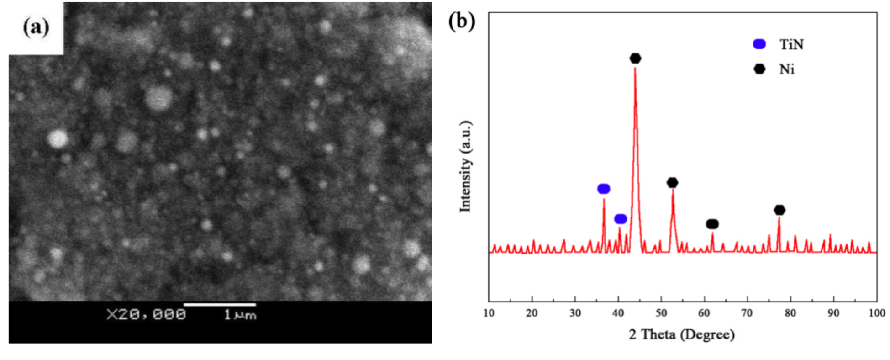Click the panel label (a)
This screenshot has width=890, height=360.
36,27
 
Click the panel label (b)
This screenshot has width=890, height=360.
461,21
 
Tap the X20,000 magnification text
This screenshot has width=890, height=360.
146,315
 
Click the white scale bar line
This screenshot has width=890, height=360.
220,304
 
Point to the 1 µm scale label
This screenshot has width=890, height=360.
240,315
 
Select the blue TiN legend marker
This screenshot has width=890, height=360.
759,44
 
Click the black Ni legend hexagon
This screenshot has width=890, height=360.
759,69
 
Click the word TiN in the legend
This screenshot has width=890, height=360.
791,45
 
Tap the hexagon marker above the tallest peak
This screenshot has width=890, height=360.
635,58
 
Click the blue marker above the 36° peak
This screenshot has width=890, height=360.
604,189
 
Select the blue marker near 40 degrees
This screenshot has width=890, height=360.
620,219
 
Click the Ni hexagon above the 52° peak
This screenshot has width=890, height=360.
672,183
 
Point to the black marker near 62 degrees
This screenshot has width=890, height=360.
712,224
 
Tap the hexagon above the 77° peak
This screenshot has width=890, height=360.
779,210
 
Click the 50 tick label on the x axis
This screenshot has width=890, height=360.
661,313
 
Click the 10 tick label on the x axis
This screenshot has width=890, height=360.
489,313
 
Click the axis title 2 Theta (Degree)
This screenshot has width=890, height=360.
682,335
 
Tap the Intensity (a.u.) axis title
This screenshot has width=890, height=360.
465,166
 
